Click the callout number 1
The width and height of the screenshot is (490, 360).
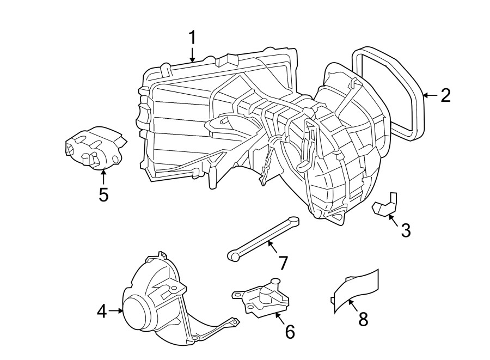(192, 38)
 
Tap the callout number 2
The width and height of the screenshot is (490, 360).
(446, 95)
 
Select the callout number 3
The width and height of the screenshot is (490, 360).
(405, 230)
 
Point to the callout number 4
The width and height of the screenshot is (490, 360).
(102, 311)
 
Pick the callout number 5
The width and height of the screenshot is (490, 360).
(103, 194)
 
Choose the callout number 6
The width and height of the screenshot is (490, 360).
(290, 332)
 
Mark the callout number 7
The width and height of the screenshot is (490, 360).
(283, 263)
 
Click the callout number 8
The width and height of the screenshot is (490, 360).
(363, 319)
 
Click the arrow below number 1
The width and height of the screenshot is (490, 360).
(192, 54)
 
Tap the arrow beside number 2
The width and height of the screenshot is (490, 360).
(431, 95)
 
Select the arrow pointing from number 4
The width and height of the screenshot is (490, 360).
(115, 310)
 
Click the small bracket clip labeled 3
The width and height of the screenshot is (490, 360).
(385, 205)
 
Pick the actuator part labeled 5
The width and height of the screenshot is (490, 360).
(96, 148)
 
